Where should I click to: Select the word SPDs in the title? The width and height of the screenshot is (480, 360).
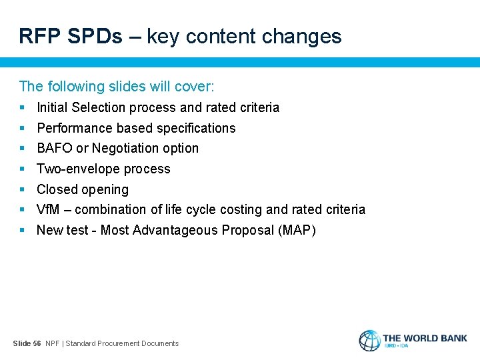(95, 36)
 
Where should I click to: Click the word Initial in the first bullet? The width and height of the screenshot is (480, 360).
(52, 107)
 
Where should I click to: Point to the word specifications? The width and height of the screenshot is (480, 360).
(195, 128)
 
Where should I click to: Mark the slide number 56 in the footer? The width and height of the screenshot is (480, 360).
(37, 343)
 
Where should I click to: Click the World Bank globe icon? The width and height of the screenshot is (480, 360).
(369, 340)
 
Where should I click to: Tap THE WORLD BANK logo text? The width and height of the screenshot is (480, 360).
(425, 338)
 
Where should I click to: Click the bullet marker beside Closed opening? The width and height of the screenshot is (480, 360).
(23, 189)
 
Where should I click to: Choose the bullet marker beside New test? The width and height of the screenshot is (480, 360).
(23, 230)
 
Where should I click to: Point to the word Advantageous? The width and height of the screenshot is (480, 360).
(174, 230)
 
